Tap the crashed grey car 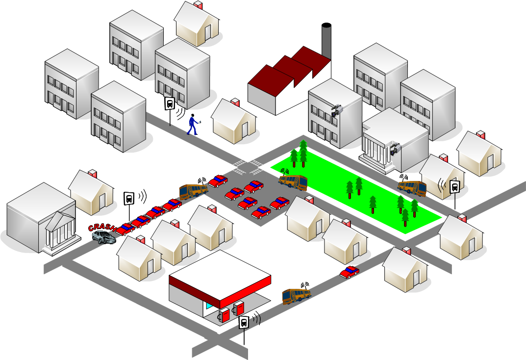pyautogui.click(x=104, y=237)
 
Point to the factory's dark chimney pyautogui.click(x=326, y=39)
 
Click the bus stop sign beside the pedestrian pyautogui.click(x=170, y=103)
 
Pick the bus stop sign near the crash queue pyautogui.click(x=129, y=199)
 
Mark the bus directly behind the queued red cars pyautogui.click(x=193, y=190)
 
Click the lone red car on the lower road pyautogui.click(x=350, y=272)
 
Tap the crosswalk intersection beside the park pyautogui.click(x=248, y=166)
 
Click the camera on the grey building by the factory pyautogui.click(x=336, y=110)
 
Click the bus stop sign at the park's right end pyautogui.click(x=454, y=187)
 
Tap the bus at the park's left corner pyautogui.click(x=293, y=181)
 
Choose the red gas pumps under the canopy pyautogui.click(x=232, y=312)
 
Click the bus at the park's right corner pyautogui.click(x=412, y=186)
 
